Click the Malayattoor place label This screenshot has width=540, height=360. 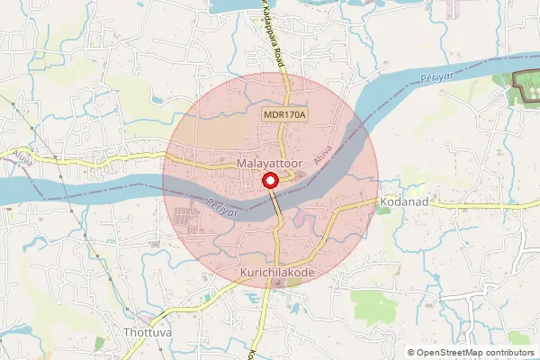click(x=267, y=165)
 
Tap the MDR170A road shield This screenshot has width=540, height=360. click(x=285, y=116)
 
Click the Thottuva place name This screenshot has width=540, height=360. click(x=148, y=331)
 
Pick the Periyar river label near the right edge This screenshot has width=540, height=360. click(x=437, y=76)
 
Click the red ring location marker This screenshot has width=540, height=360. click(x=269, y=181)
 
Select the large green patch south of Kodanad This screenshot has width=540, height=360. click(x=373, y=306)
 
